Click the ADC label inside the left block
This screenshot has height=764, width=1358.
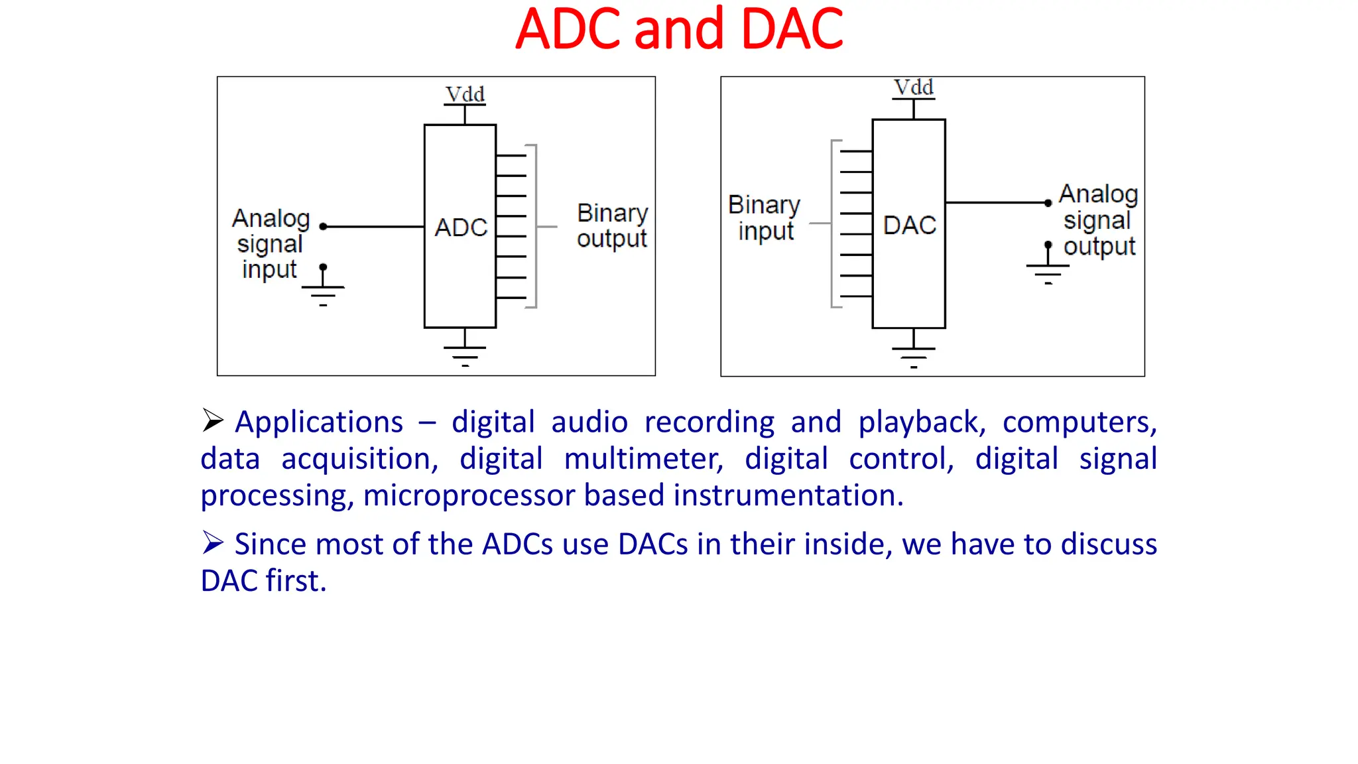point(461,227)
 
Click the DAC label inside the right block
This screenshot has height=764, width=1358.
point(909,225)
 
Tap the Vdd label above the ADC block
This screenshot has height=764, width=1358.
point(465,94)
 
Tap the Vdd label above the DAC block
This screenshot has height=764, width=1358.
point(913,88)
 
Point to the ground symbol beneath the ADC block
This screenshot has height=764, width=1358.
point(465,355)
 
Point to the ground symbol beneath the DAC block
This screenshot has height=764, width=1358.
point(913,356)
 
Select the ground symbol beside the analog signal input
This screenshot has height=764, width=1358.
point(323,292)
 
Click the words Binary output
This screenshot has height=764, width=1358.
point(611,225)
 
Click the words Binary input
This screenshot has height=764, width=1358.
point(764,218)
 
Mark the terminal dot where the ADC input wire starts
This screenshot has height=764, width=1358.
point(323,227)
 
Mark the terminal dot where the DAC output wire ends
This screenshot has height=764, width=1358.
point(1048,203)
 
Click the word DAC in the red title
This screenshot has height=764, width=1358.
point(792,29)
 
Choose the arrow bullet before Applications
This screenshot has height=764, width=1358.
point(213,420)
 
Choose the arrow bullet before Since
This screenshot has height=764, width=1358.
point(213,542)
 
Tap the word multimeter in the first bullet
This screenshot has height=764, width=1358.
point(643,459)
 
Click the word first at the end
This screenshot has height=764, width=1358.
point(296,580)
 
